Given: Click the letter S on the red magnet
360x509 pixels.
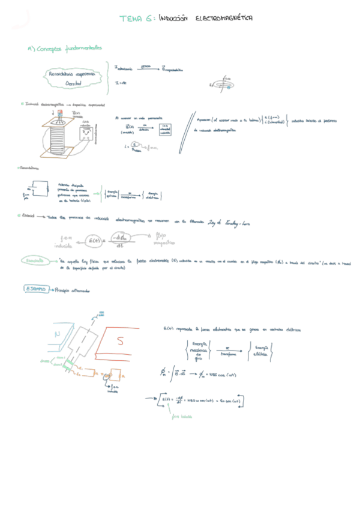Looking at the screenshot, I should tap(119, 342).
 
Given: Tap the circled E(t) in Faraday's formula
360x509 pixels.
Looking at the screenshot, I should tap(95, 241).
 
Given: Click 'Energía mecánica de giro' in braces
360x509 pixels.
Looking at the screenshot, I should tap(198, 351).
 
